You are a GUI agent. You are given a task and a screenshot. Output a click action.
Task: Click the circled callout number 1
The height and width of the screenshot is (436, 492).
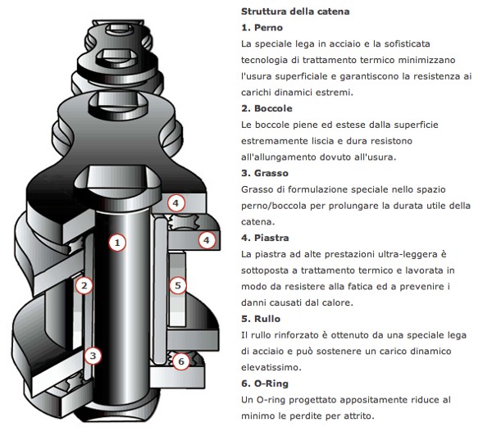(117, 243)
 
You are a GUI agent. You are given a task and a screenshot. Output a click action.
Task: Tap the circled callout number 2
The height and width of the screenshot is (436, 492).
(84, 285)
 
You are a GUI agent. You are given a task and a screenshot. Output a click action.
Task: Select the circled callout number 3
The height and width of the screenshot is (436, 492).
(93, 356)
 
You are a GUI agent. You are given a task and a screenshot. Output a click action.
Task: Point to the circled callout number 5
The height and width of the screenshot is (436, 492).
(178, 285)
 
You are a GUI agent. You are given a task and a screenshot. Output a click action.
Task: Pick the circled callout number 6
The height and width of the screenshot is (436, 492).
(181, 361)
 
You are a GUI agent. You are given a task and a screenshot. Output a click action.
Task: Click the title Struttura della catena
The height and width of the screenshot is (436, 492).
(295, 11)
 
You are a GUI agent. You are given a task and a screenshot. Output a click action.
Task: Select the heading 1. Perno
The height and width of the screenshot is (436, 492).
(262, 28)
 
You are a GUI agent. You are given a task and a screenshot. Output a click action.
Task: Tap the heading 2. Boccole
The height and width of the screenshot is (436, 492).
(266, 108)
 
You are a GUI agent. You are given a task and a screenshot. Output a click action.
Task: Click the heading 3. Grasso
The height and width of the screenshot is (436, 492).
(265, 173)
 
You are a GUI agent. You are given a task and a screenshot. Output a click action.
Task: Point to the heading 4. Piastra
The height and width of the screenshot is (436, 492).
(265, 238)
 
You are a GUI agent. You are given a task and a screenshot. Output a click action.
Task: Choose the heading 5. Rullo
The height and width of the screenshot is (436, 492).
(261, 319)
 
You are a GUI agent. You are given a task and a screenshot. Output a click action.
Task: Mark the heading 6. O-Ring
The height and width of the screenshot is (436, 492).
(265, 384)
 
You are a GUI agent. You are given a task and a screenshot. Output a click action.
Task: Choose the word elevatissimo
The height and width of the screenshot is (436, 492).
(271, 367)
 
